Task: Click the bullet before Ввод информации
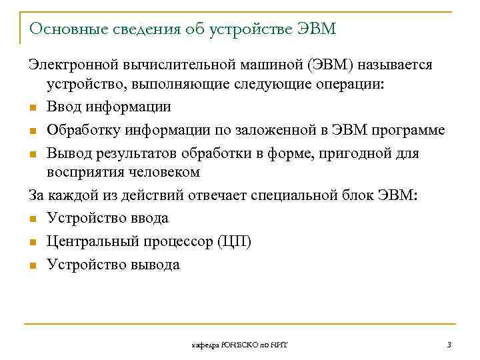tap(33, 108)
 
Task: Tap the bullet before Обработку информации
tap(33, 131)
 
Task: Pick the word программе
tap(409, 130)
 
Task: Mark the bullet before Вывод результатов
tap(33, 155)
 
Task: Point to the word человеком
tap(165, 173)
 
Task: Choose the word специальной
tap(296, 195)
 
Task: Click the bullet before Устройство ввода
tap(33, 219)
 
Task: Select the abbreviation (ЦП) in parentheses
tap(234, 241)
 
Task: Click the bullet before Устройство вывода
tap(33, 266)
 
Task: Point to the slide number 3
tap(449, 344)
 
